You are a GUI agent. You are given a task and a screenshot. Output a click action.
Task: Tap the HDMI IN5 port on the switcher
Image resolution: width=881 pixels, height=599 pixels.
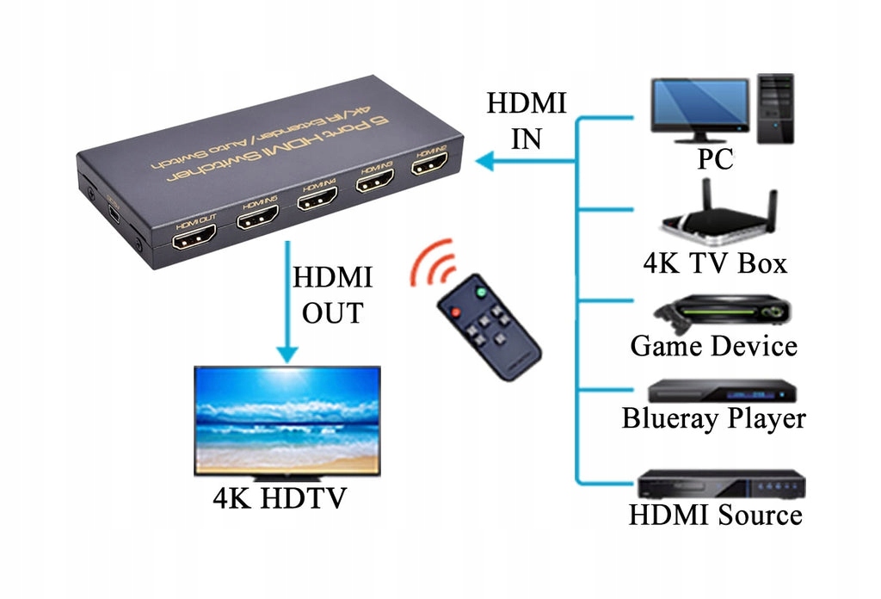(257, 219)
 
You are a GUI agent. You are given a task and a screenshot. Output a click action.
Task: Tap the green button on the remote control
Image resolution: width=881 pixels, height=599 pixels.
(482, 293)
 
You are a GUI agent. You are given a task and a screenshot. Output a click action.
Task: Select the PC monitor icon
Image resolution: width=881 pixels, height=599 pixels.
(699, 108)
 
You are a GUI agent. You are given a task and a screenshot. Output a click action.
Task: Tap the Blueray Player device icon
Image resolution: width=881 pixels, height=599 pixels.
(721, 391)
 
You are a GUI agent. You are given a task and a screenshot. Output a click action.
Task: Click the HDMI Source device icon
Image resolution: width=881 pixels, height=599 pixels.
(721, 485)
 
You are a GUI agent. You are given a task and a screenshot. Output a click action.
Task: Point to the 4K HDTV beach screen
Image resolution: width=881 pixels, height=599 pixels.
(286, 418)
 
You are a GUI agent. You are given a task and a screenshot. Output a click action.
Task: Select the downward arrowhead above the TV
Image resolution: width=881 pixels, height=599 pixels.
(286, 353)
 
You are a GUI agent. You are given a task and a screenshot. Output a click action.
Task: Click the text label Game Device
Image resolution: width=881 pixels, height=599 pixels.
(713, 346)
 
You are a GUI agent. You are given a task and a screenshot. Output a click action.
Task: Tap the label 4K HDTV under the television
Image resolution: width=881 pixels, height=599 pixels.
(280, 497)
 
